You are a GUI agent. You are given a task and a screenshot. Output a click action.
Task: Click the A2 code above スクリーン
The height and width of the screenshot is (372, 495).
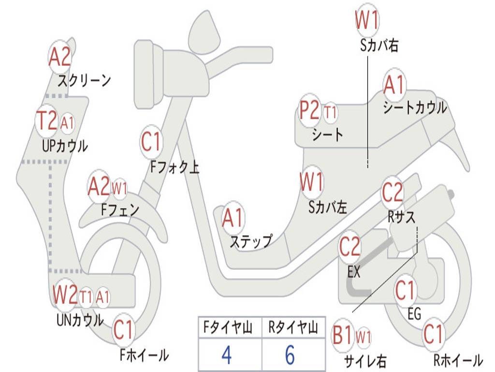(x=59, y=57)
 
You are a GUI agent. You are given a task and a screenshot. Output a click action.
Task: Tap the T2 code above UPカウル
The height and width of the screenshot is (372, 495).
(x=47, y=121)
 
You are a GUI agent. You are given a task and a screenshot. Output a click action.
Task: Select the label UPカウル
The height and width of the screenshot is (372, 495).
(x=65, y=146)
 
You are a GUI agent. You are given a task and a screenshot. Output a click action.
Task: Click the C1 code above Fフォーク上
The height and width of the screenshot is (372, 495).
(x=151, y=142)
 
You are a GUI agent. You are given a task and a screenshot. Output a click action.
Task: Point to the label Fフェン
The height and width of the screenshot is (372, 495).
(x=120, y=209)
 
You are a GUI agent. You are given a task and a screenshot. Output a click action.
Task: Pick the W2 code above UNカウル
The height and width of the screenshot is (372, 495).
(x=65, y=294)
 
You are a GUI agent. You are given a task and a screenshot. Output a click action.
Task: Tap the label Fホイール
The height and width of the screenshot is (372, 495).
(x=144, y=355)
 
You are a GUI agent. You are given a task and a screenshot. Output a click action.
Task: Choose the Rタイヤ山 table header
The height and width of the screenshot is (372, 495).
(x=293, y=327)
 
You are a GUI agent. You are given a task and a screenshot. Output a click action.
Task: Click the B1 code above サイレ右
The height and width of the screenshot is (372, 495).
(x=342, y=335)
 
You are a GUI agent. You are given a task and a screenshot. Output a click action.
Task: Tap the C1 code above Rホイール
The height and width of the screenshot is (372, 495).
(x=433, y=334)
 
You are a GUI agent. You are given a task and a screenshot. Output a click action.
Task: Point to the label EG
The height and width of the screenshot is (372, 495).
(x=414, y=314)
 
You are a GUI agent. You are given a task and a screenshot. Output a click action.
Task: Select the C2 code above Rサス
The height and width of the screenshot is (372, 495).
(x=392, y=192)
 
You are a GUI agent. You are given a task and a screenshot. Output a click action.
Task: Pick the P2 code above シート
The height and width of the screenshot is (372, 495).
(x=309, y=110)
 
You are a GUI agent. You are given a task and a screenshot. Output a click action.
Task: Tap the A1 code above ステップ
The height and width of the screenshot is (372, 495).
(x=233, y=218)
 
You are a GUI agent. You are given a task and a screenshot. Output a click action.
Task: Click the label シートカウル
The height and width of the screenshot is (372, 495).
(x=415, y=108)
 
